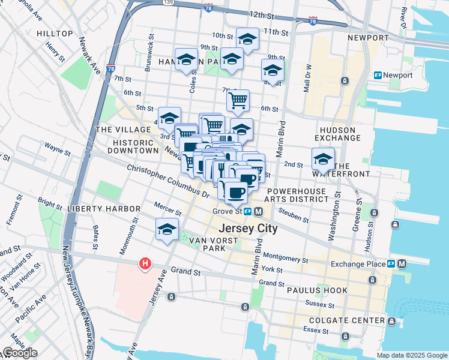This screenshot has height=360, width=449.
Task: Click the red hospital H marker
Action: coord(145,263)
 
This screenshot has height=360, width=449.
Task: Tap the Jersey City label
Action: coord(248,229)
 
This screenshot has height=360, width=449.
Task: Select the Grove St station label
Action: coord(227,211)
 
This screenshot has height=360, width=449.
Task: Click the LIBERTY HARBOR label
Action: coord(104,208)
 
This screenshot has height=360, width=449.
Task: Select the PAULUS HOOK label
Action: coord(317,290)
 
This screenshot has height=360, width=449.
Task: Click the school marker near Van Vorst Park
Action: coord(167,229)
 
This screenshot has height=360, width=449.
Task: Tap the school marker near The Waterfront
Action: coord(323,159)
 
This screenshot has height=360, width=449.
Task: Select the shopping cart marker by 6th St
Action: coord(238,100)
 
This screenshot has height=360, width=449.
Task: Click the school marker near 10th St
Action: coord(247,39)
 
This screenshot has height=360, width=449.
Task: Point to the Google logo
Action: coord(19,353)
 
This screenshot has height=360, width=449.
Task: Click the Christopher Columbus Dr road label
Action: coord(168,180)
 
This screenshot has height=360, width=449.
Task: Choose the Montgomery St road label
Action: coord(285,258)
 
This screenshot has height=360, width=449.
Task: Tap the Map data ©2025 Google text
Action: coord(412,355)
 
